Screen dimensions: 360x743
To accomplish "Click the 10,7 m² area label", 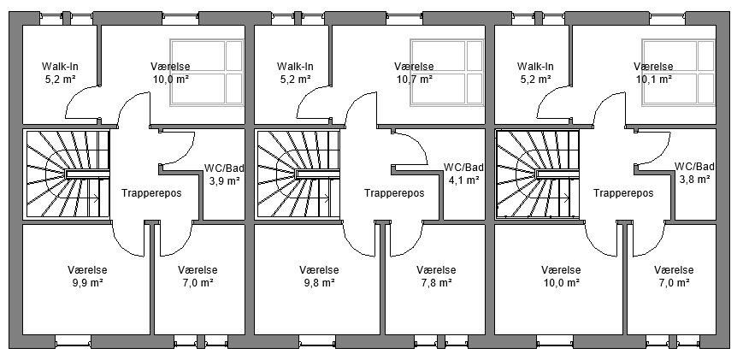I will pyautogui.click(x=415, y=79).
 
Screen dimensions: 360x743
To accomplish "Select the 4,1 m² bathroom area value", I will pyautogui.click(x=464, y=180).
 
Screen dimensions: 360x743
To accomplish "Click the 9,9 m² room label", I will pyautogui.click(x=88, y=282).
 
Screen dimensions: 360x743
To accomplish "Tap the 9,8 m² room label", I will pyautogui.click(x=319, y=282).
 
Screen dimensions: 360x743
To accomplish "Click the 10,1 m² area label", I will pyautogui.click(x=653, y=79).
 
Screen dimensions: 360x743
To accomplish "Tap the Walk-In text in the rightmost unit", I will pyautogui.click(x=536, y=66).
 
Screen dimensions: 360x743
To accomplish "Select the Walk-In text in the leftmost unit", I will pyautogui.click(x=60, y=66).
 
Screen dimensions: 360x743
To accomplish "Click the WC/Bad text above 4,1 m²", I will pyautogui.click(x=464, y=167).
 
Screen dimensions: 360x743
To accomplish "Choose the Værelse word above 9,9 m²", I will pyautogui.click(x=88, y=269).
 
